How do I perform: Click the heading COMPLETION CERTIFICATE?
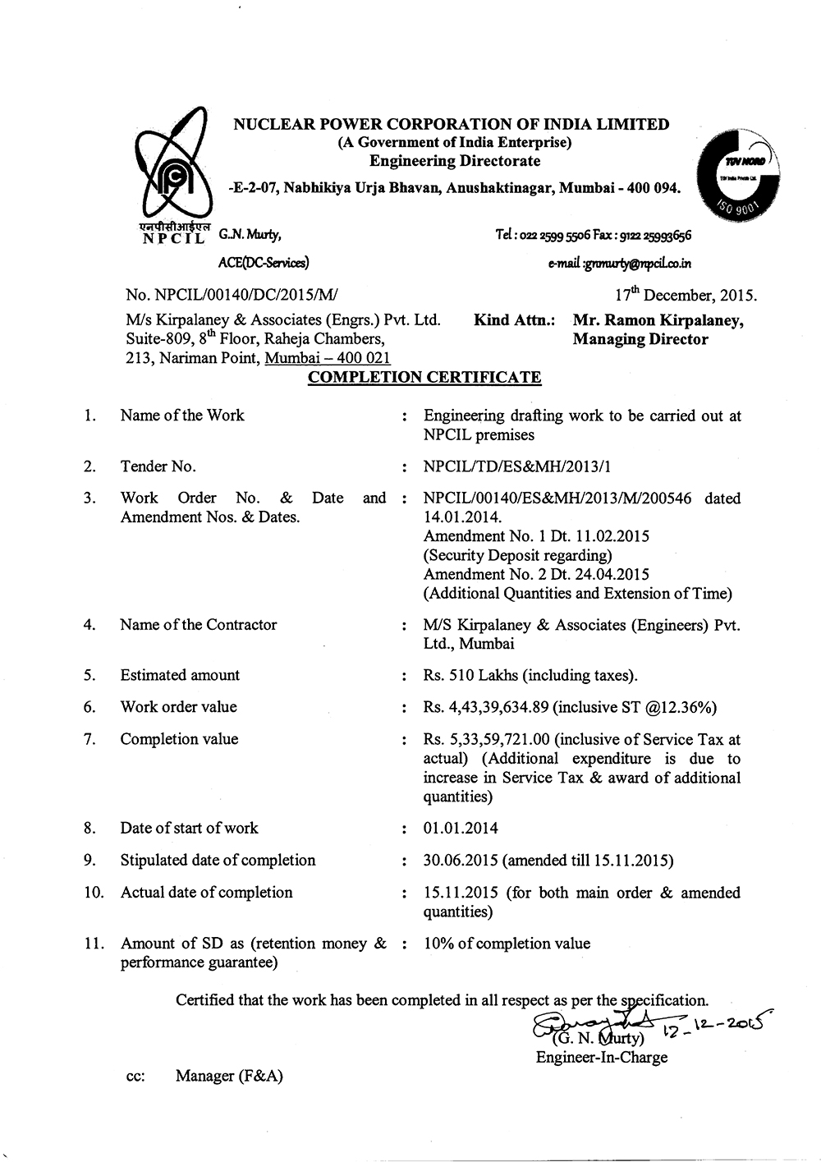pos(424,378)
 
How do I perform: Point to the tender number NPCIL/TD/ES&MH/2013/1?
pos(517,466)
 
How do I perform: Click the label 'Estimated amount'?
pos(180,675)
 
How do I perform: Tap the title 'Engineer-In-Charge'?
pos(602,1058)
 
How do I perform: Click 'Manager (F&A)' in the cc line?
pos(229,1076)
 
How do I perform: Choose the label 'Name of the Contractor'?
pos(199,625)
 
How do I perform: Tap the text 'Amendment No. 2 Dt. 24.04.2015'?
pos(536,574)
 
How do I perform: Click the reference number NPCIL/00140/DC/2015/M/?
pos(232,296)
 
